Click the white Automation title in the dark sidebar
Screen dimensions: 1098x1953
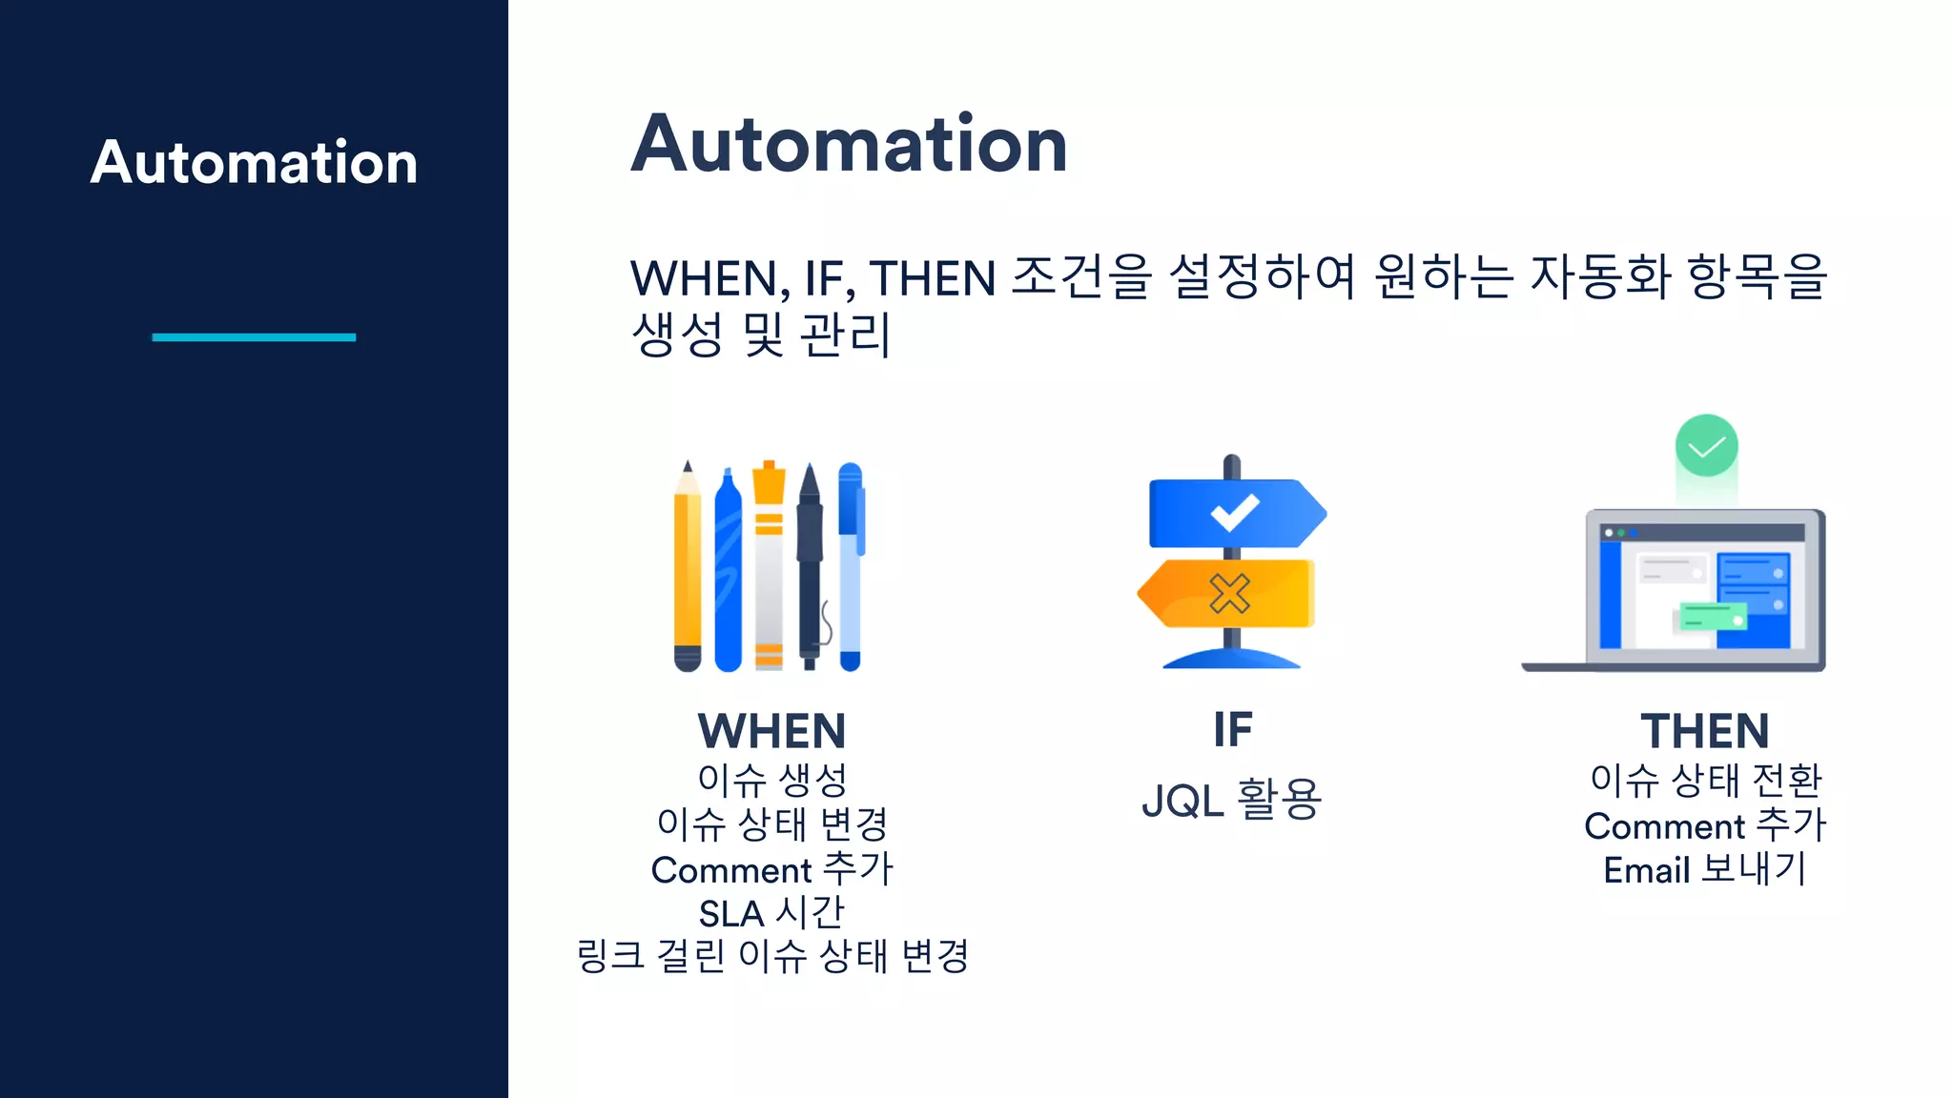click(x=254, y=162)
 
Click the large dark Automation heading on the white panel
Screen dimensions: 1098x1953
click(x=849, y=144)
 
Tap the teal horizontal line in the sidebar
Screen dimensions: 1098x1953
click(x=254, y=336)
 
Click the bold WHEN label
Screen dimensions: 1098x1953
click(x=771, y=731)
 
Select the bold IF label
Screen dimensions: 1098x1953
click(x=1232, y=730)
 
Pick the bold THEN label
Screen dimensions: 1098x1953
click(x=1704, y=731)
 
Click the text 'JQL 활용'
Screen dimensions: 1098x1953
click(x=1231, y=799)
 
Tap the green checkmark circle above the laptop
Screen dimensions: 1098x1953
click(x=1706, y=445)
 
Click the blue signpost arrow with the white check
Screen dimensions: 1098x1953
click(x=1236, y=513)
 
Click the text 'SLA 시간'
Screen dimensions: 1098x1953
click(x=771, y=913)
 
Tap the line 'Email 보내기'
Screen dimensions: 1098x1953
click(x=1704, y=869)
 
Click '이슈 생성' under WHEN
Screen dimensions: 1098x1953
click(x=771, y=780)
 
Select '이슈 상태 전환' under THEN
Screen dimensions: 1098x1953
click(x=1705, y=781)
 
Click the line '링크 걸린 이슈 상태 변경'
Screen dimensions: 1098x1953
click(x=772, y=956)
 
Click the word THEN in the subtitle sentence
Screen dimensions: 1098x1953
click(x=932, y=278)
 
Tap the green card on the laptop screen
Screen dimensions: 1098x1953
click(x=1712, y=617)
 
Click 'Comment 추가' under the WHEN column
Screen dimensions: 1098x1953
click(x=771, y=869)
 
